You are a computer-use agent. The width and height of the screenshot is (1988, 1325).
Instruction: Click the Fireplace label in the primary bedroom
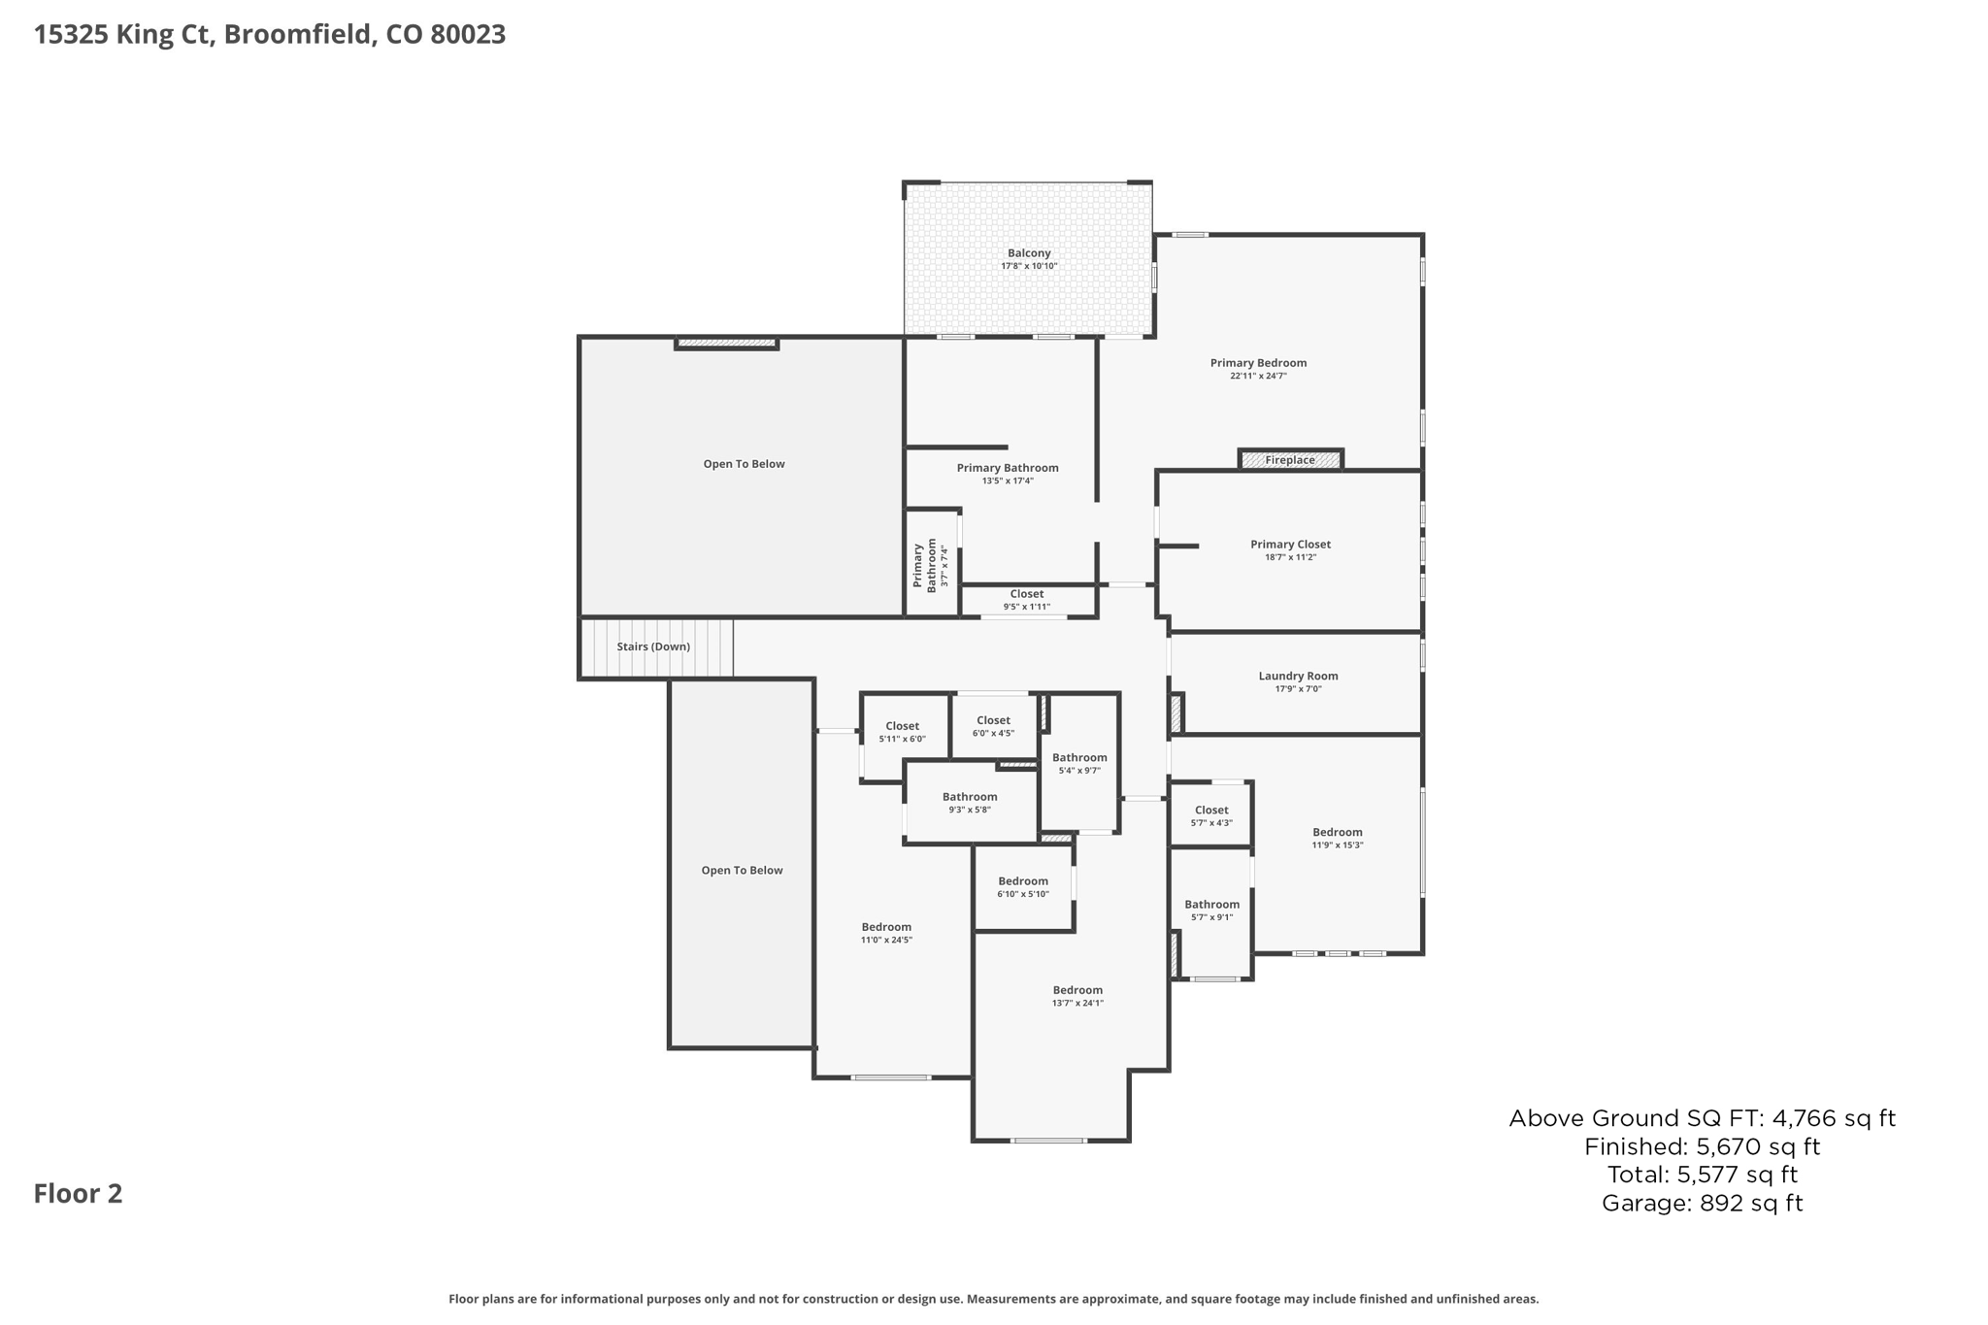click(x=1290, y=460)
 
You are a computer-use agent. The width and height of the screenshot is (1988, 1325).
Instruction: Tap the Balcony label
click(x=1029, y=253)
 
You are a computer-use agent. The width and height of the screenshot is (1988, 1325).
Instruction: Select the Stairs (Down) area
click(x=654, y=646)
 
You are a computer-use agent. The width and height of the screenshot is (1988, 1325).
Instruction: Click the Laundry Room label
click(x=1298, y=677)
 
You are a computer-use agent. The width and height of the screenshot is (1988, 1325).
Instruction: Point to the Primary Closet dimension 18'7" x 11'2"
click(x=1290, y=557)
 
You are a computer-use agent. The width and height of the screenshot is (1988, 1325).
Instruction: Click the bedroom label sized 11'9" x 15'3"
click(x=1338, y=833)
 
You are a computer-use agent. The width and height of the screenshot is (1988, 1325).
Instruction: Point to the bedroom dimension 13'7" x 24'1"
click(x=1077, y=1004)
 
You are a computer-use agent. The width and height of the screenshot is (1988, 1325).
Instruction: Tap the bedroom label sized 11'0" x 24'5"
click(x=886, y=927)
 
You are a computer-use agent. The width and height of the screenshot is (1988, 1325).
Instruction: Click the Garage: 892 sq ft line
click(x=1702, y=1204)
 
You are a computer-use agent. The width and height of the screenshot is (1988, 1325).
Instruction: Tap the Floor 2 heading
click(x=79, y=1194)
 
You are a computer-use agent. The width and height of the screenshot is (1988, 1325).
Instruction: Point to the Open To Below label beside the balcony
click(x=744, y=464)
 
